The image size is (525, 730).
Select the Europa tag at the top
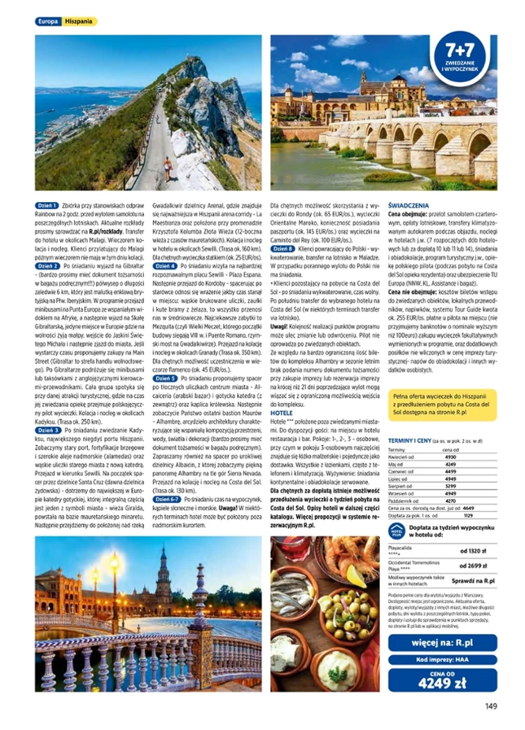(49, 22)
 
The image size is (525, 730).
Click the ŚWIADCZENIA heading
(408, 206)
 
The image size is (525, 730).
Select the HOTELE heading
(280, 413)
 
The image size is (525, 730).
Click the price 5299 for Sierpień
(450, 486)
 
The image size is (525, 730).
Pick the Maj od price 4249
(450, 464)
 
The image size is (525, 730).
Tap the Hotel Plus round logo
(397, 532)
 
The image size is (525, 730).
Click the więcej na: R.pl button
(442, 642)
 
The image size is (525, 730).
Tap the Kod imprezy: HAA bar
(442, 661)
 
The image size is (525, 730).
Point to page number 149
(491, 706)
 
